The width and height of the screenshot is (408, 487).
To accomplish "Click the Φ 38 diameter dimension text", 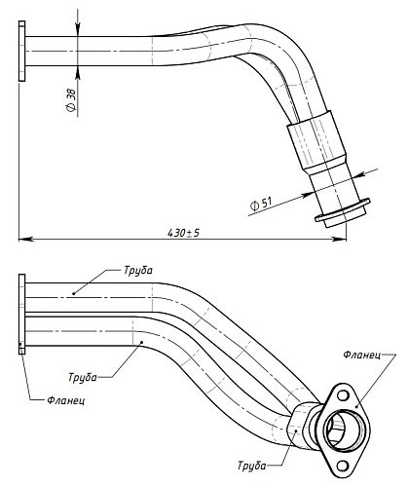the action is point(71,100).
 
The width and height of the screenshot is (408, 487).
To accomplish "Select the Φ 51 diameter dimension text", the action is point(261,204).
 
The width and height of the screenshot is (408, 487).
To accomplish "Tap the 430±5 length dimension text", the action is point(183,233).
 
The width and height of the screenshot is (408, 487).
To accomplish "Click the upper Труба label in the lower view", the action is point(138,271).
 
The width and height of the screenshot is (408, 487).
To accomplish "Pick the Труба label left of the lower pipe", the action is point(83,377).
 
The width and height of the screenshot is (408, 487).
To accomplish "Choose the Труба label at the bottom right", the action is point(252,466).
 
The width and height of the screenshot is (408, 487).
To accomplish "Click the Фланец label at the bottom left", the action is point(66,400).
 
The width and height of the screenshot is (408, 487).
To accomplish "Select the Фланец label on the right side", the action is point(362,355).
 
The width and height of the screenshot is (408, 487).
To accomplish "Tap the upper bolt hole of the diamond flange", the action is point(343,395).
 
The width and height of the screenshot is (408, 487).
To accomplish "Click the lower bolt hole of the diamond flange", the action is point(342,466).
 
